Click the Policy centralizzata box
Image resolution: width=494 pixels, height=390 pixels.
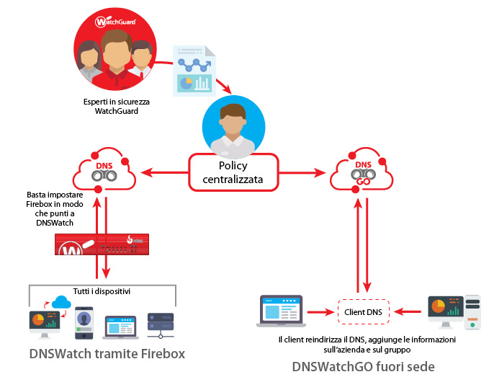pyautogui.click(x=233, y=172)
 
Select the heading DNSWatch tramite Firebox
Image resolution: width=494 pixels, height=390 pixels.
pyautogui.click(x=107, y=354)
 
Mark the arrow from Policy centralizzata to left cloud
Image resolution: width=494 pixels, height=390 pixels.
pyautogui.click(x=164, y=172)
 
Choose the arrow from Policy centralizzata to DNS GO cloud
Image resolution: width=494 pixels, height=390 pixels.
pyautogui.click(x=302, y=172)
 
